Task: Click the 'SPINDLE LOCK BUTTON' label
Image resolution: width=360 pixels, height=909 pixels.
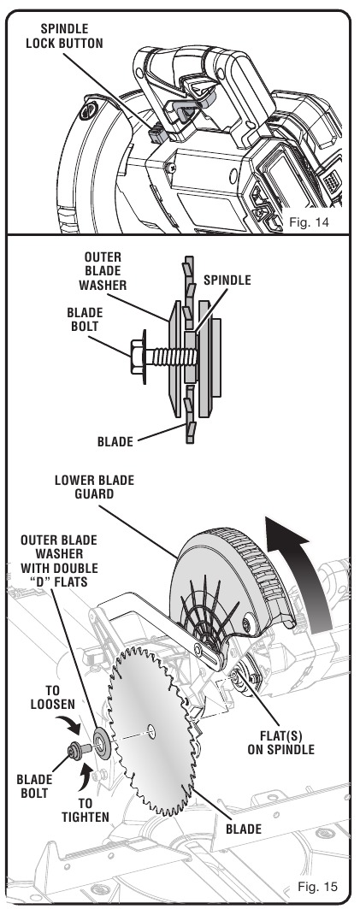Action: pos(64,35)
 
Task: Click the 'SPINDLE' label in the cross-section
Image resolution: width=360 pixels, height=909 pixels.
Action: pos(227,280)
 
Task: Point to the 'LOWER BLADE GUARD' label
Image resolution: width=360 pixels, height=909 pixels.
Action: pos(94,487)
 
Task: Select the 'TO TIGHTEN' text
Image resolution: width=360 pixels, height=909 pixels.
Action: pos(86,811)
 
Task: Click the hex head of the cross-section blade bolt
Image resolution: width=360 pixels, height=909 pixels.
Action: pos(138,356)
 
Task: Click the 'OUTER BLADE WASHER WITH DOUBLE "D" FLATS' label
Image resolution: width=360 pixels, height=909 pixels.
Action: pos(58,561)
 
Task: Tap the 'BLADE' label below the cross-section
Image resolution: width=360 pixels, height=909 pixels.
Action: pos(115,442)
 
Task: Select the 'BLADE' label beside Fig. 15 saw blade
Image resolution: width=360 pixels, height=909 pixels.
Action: pos(244,829)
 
